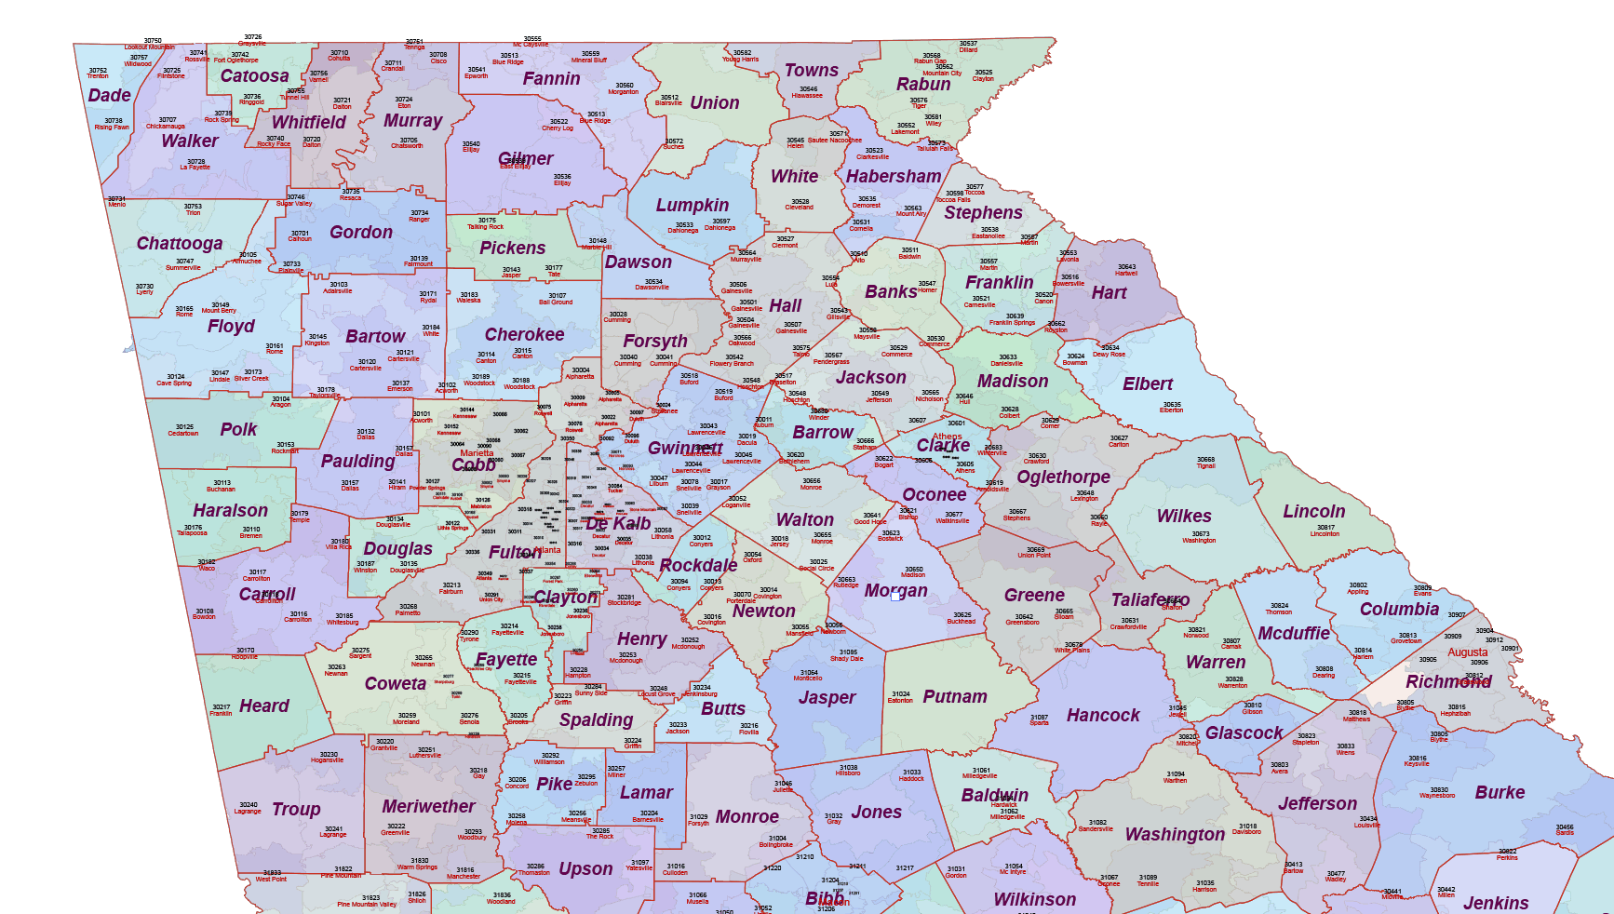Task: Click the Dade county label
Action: click(109, 96)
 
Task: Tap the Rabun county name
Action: click(923, 85)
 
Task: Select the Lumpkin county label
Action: click(692, 206)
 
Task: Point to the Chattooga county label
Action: click(180, 244)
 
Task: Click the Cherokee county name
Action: click(524, 335)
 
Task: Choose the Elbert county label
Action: click(1147, 384)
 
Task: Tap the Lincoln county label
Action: click(1313, 512)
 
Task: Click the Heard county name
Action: click(263, 706)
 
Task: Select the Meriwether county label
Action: click(428, 807)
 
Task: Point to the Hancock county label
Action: click(1102, 716)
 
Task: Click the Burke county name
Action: click(1500, 793)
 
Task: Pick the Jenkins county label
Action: click(1495, 903)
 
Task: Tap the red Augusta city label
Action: click(1467, 652)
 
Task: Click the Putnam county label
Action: click(954, 697)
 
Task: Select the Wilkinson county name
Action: click(1034, 900)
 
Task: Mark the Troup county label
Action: click(296, 810)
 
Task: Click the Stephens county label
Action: click(983, 213)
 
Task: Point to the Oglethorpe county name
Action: click(1063, 477)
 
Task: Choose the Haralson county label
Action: click(230, 511)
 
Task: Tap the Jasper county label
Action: click(827, 698)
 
